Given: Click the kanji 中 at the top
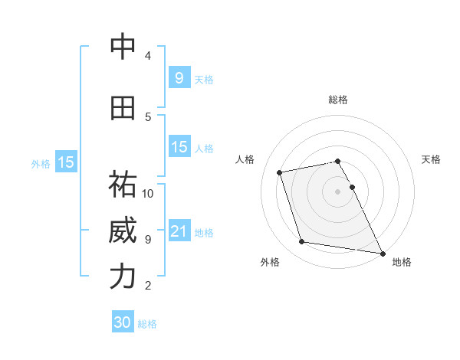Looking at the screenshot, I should [123, 47].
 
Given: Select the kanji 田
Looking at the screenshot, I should [123, 108].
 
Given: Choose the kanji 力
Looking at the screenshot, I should [123, 277].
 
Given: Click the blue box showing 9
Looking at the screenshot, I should [179, 77].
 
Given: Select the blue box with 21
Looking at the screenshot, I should [179, 231].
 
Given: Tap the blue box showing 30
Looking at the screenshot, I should [123, 322].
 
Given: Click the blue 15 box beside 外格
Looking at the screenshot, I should [65, 162].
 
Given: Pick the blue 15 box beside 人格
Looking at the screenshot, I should [179, 147].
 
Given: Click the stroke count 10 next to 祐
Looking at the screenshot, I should [148, 193].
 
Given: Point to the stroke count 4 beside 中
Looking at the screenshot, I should [148, 56].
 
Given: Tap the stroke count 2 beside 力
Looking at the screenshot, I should [148, 286].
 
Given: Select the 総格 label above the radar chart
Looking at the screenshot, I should [338, 100].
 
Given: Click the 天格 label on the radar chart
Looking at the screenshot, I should [431, 159].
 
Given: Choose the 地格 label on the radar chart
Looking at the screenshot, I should [402, 262].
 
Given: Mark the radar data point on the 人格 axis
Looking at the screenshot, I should [280, 172].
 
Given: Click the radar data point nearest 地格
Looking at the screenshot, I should [382, 252].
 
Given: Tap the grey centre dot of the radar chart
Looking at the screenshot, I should [338, 191].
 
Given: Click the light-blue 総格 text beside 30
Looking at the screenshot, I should [147, 324].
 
